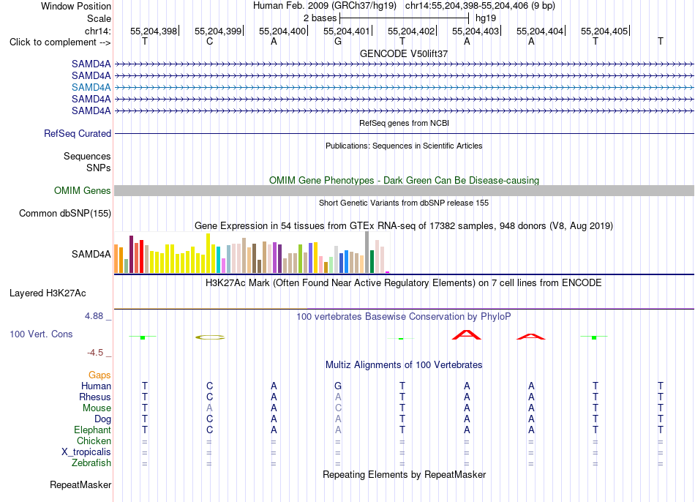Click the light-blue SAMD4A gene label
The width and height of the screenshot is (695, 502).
coord(91,87)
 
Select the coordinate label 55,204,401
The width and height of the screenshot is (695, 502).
coord(346,31)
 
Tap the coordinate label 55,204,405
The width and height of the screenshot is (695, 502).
coord(604,31)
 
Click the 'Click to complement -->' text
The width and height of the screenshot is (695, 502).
coord(60,42)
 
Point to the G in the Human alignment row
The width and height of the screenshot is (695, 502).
coord(338,386)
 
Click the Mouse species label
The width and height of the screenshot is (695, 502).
coord(97,408)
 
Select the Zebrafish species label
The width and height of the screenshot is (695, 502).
coord(91,463)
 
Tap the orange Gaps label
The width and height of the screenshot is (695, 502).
coord(99,375)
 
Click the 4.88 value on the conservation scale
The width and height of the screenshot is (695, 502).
coord(94,316)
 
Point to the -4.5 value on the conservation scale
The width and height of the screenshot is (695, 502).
coord(95,353)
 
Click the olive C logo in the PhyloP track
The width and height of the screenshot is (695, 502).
coord(210,337)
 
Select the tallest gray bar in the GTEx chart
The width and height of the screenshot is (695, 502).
coord(367,252)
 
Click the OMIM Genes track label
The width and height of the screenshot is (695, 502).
coord(83,191)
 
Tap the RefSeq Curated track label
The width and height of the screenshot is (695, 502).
coord(78,133)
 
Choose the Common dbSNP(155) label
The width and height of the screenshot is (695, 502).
coord(65,213)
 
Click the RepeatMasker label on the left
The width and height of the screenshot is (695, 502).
coord(80,484)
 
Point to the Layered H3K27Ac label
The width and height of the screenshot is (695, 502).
coord(48,293)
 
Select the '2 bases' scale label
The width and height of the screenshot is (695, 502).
coord(320,18)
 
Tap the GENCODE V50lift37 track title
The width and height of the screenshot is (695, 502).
coord(404,53)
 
